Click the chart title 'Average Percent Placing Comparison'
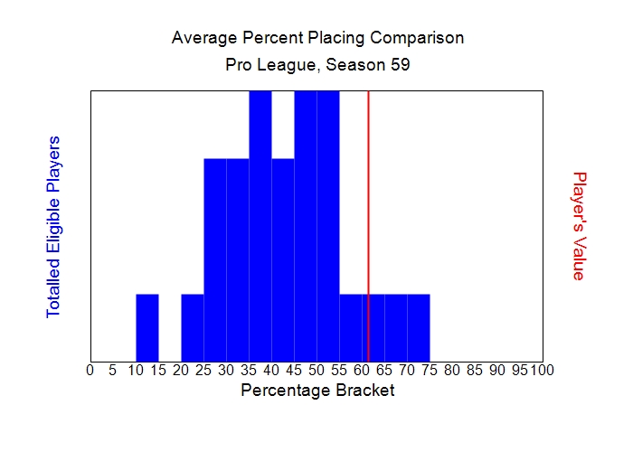(317, 38)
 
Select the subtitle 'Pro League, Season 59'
(317, 66)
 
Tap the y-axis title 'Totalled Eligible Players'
(53, 226)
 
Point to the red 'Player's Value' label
(580, 226)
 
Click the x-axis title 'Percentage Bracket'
(317, 391)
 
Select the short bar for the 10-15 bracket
(147, 327)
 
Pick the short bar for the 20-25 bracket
(193, 327)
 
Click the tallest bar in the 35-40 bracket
(260, 226)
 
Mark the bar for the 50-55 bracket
(328, 226)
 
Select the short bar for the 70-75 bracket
(419, 327)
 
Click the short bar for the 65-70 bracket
(396, 327)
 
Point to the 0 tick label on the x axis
(90, 370)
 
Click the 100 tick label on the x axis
(542, 370)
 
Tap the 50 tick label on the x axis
(316, 370)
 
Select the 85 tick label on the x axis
(475, 370)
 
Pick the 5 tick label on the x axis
(112, 370)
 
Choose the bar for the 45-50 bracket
(306, 226)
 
